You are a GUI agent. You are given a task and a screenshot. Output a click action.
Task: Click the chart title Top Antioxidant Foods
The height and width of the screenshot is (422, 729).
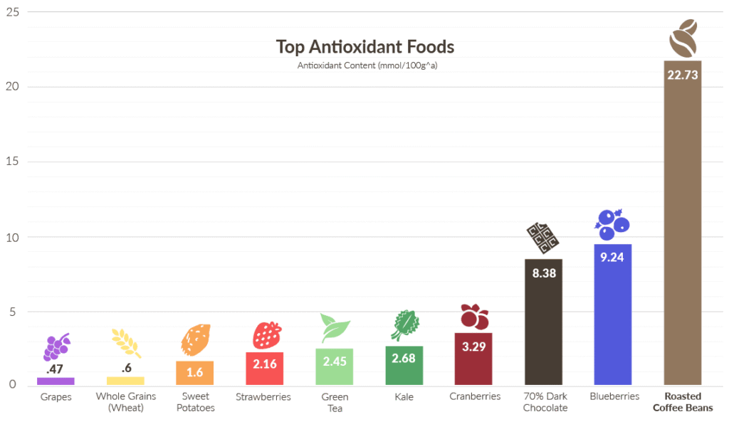click(364, 48)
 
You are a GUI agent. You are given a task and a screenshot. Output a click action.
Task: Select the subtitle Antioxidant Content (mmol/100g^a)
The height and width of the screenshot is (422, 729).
click(364, 65)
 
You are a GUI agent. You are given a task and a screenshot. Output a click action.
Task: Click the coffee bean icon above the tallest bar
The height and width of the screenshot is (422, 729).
click(682, 38)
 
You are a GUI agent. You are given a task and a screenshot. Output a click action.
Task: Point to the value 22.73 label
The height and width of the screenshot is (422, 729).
click(682, 75)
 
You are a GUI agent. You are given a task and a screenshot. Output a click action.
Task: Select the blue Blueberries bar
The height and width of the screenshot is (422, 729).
click(613, 320)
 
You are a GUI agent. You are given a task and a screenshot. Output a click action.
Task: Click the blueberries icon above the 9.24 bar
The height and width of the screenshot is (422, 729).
click(612, 224)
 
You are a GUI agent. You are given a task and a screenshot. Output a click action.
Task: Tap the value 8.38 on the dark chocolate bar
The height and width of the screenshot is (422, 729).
click(543, 273)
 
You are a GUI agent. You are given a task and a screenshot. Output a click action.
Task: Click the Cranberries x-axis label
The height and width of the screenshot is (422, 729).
click(475, 396)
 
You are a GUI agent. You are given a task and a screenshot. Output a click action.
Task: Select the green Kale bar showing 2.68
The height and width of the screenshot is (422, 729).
click(404, 366)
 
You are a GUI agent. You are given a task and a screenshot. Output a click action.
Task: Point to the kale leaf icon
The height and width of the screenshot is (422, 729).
click(404, 325)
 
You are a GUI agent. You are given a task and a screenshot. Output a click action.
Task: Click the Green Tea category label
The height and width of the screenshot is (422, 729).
click(335, 402)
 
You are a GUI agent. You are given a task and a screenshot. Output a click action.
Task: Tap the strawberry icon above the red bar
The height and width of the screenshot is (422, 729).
click(266, 334)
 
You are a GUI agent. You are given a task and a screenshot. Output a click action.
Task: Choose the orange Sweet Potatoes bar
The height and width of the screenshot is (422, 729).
click(195, 373)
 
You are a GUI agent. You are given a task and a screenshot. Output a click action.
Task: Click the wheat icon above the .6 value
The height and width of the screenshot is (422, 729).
click(126, 343)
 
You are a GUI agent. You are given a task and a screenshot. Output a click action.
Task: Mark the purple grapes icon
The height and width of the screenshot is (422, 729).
click(57, 347)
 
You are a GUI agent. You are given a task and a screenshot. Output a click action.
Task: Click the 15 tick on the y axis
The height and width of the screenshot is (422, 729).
click(13, 162)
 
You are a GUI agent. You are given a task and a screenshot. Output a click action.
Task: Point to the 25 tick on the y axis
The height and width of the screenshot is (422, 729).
click(13, 12)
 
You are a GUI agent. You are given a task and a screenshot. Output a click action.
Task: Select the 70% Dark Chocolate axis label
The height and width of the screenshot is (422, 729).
click(545, 402)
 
